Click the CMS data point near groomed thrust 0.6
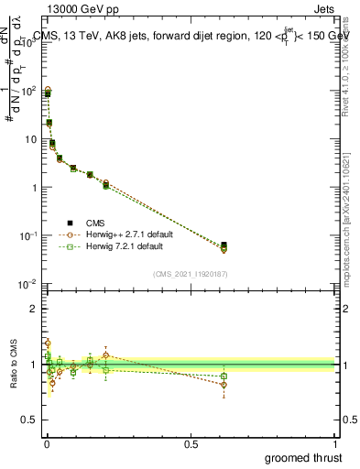pos(224,245)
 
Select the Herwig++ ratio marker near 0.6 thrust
pos(224,385)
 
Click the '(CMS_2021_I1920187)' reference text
pos(190,274)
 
